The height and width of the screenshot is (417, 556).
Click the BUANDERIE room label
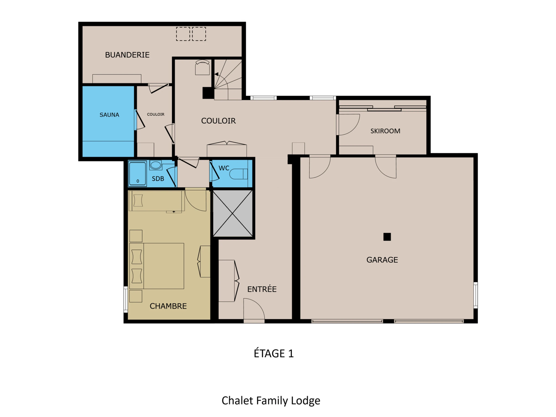click(127, 55)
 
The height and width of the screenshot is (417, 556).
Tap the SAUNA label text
click(109, 115)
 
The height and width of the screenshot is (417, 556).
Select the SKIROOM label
click(385, 131)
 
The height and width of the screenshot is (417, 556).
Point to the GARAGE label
click(382, 260)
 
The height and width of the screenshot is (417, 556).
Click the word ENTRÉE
click(262, 289)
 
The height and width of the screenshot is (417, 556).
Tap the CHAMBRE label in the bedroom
click(168, 306)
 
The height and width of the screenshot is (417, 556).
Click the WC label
click(224, 168)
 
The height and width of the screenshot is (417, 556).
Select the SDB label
click(158, 179)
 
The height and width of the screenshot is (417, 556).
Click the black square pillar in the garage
click(387, 237)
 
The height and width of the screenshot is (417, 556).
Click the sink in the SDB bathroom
click(156, 165)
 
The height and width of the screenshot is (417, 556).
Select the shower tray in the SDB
click(137, 174)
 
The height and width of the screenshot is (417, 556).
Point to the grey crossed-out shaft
click(233, 213)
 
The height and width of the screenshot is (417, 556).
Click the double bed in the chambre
click(157, 266)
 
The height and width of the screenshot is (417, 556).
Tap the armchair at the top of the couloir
click(202, 67)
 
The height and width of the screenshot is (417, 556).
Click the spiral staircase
click(228, 79)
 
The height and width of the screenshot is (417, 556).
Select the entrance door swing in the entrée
click(254, 309)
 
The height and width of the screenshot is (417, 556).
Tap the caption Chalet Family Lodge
click(271, 401)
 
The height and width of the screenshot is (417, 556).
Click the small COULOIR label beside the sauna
click(156, 114)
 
